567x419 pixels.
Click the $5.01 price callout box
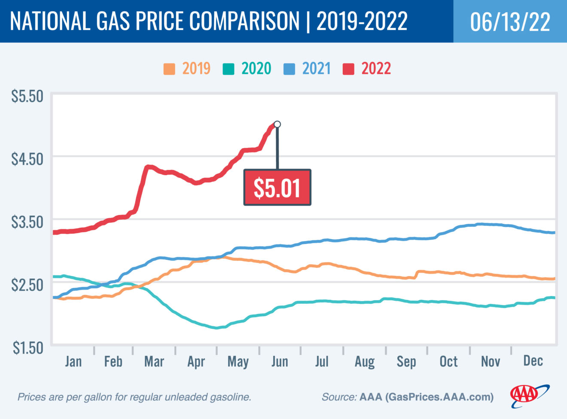[277, 188]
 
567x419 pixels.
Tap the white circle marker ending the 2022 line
[277, 124]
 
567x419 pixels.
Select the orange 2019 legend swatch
[169, 69]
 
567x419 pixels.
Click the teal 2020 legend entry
[247, 69]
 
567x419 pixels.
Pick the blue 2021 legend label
[316, 69]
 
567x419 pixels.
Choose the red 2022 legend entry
[367, 69]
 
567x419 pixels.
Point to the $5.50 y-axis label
[27, 96]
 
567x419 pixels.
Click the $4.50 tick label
[27, 159]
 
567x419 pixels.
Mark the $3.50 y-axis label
[27, 222]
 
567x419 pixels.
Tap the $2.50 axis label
[27, 284]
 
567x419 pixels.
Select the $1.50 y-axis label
[27, 348]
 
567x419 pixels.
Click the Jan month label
[73, 361]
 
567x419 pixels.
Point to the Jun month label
[280, 361]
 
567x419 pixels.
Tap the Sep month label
[406, 362]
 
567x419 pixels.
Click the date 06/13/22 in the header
[510, 22]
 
